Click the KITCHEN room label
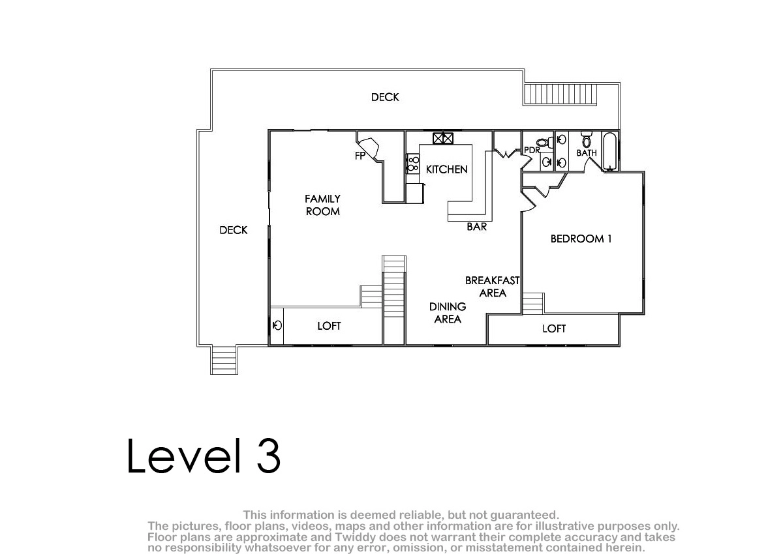click(446, 169)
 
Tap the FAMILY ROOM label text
click(322, 205)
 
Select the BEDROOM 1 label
click(581, 239)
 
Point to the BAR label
click(477, 227)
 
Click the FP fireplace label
click(360, 156)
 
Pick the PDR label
click(532, 150)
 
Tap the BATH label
click(587, 153)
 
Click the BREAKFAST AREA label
click(492, 287)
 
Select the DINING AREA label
click(448, 313)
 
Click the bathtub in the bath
click(610, 151)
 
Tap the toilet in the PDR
click(545, 142)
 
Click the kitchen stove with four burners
click(413, 164)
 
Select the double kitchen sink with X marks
click(443, 139)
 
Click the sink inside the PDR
click(547, 162)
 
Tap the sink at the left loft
click(277, 325)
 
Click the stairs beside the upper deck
click(560, 95)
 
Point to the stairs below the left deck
click(224, 360)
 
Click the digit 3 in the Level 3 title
click(268, 456)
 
